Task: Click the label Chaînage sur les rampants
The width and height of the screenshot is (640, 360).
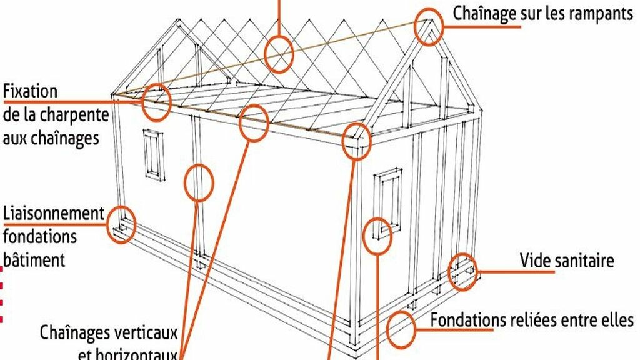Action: [x=542, y=14]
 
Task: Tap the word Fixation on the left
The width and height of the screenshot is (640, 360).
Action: [x=30, y=91]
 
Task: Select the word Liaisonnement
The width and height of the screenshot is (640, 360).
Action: [x=54, y=214]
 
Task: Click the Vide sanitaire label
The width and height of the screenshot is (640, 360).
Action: [x=567, y=260]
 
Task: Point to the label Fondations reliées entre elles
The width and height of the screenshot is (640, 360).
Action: [x=532, y=320]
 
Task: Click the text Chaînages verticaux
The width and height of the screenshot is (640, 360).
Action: [x=109, y=332]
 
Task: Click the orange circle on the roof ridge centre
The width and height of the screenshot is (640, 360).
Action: [x=279, y=54]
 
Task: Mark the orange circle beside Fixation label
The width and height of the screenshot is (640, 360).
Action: [x=156, y=102]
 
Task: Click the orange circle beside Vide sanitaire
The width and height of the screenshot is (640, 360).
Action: [x=463, y=272]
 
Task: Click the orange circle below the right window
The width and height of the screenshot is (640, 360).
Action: [x=377, y=236]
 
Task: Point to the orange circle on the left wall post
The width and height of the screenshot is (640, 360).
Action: [x=199, y=182]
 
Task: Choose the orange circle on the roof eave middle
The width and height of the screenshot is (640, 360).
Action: [x=254, y=122]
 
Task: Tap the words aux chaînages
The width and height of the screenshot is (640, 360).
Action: [x=51, y=139]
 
